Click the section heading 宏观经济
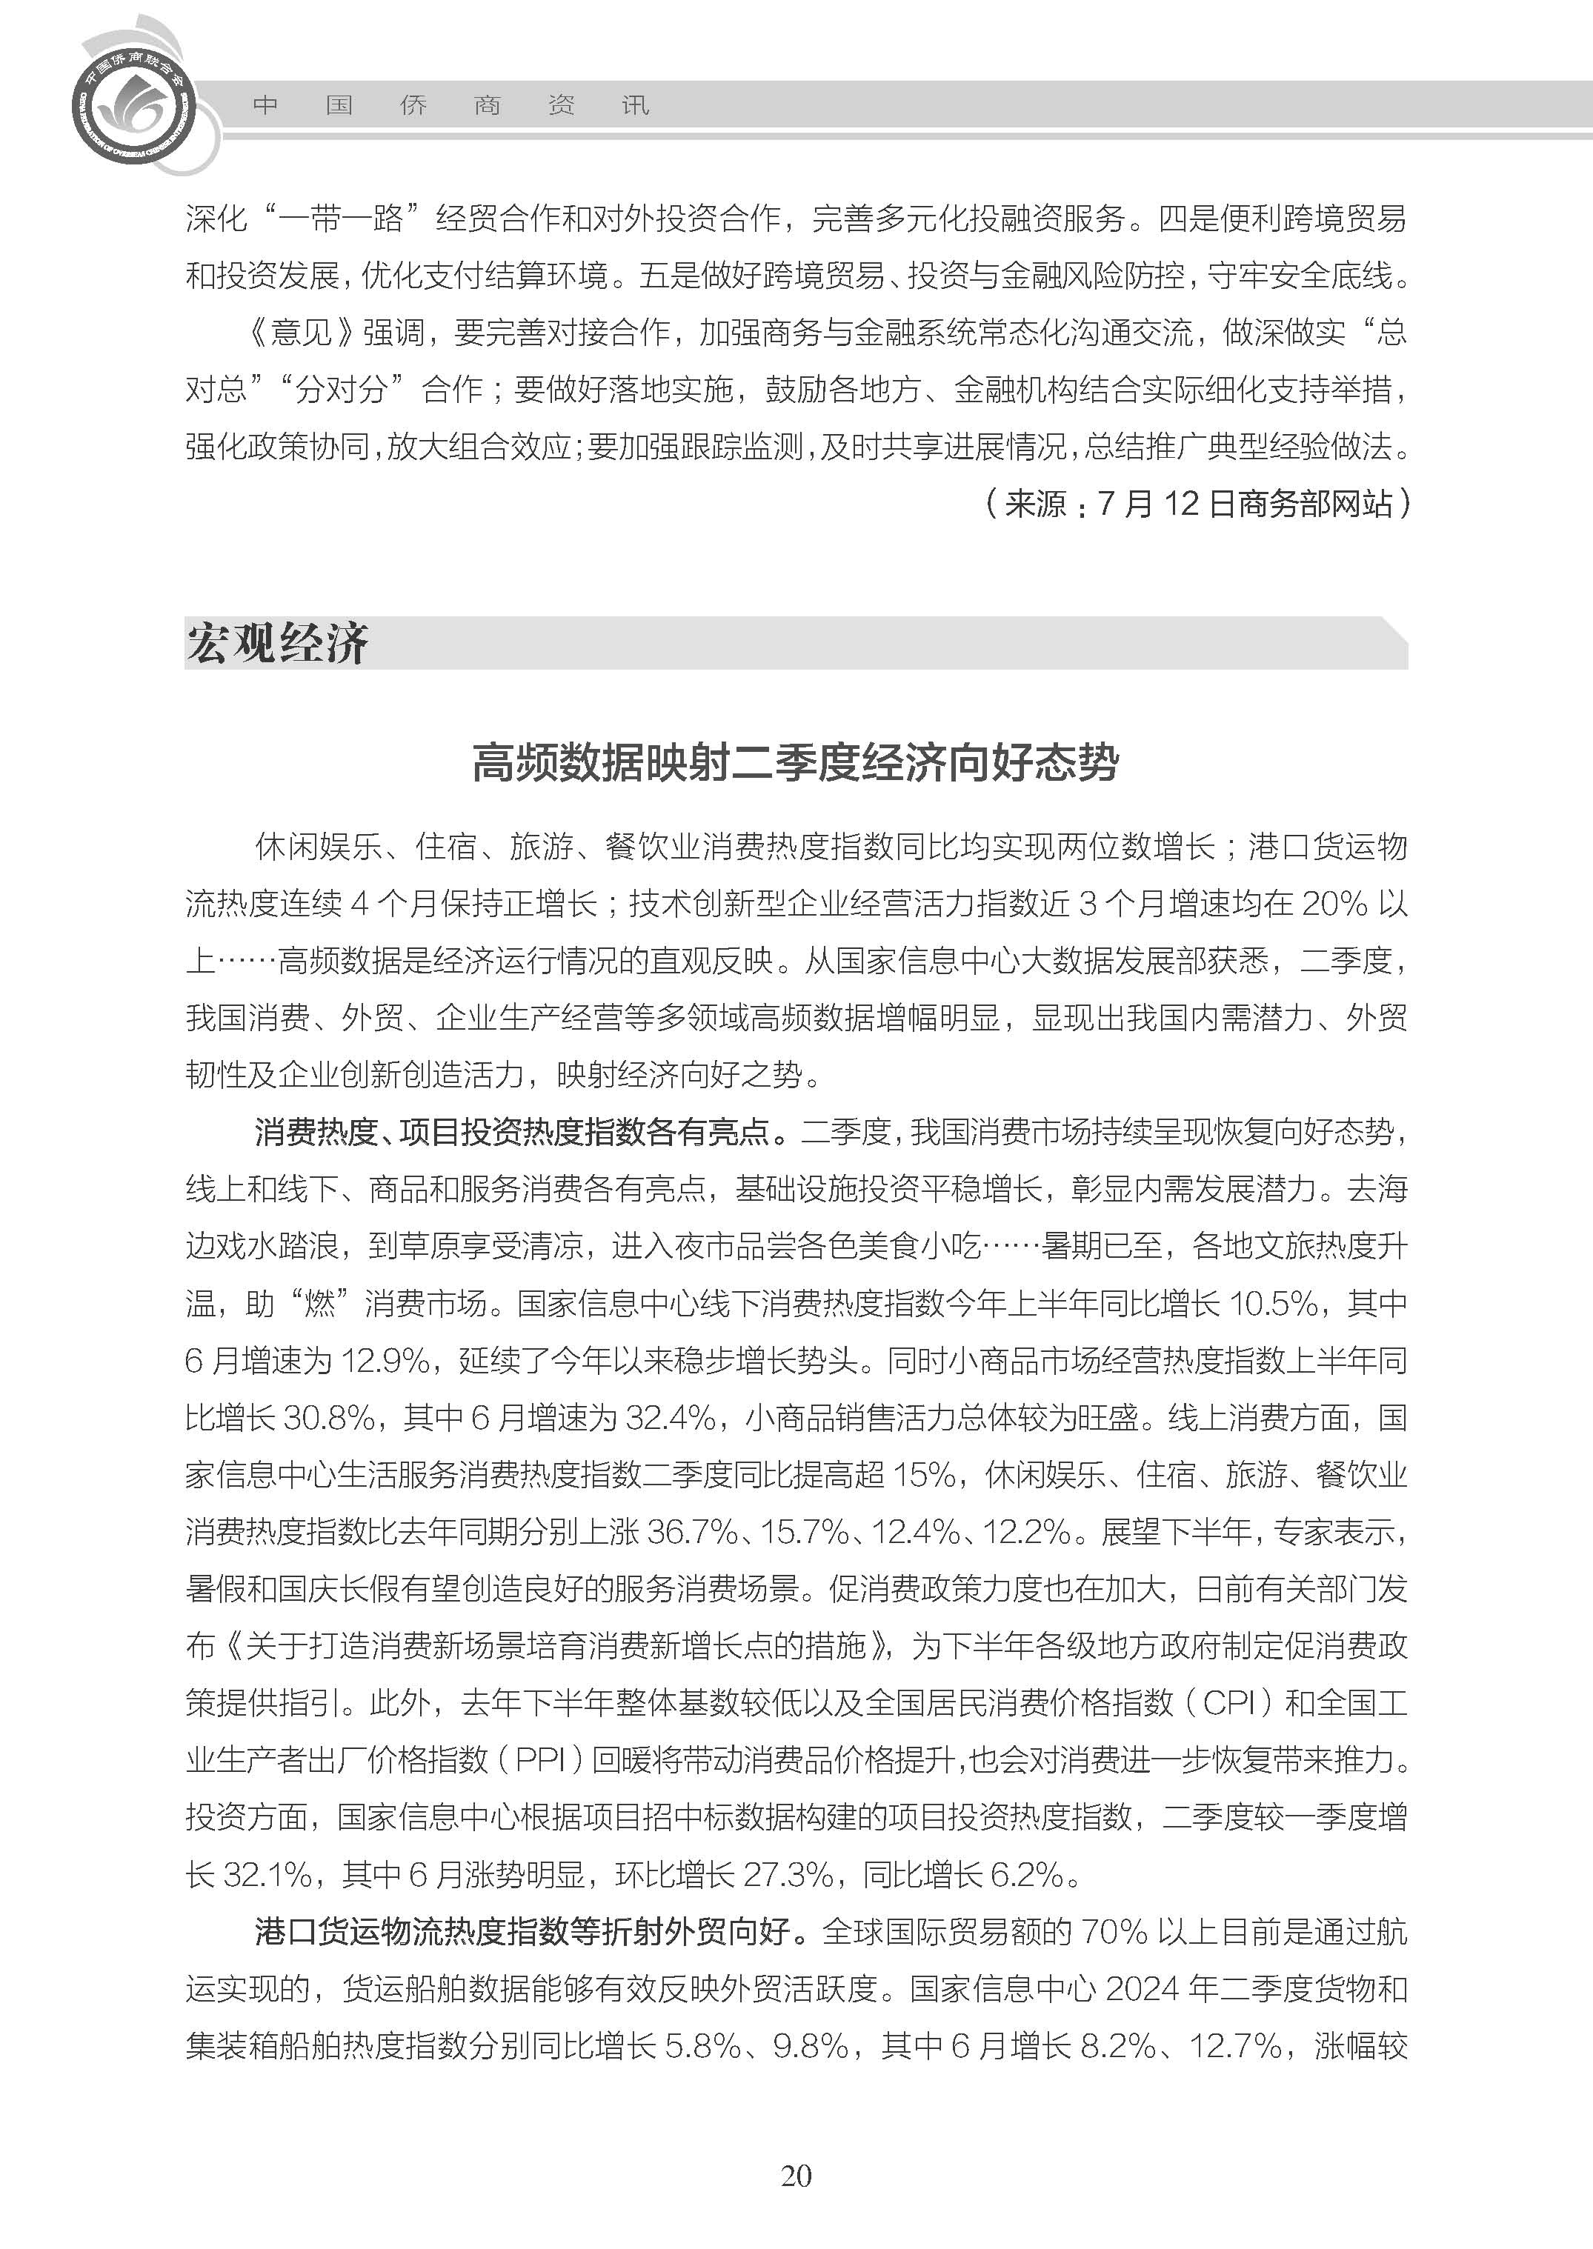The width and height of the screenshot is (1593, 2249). [x=278, y=644]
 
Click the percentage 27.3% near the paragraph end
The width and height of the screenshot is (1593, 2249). [x=788, y=1876]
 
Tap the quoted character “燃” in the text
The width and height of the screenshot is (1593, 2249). [x=320, y=1304]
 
